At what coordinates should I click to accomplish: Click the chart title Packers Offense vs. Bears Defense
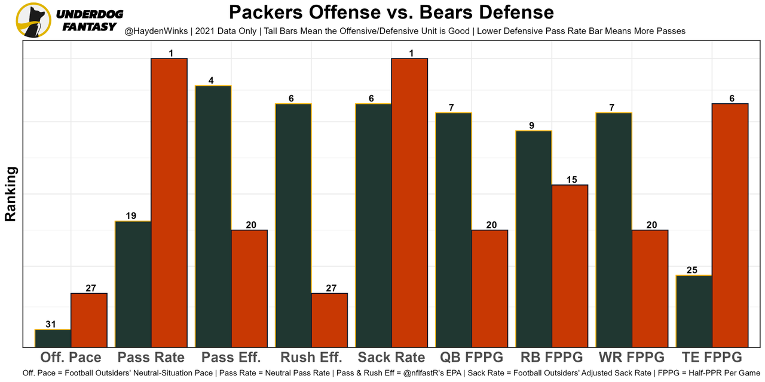point(391,12)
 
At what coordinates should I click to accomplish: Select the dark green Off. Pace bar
point(53,338)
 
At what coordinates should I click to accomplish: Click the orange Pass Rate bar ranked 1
point(169,203)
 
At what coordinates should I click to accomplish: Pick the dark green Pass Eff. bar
point(214,216)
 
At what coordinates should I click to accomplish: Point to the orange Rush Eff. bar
point(329,320)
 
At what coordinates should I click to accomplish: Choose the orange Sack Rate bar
point(409,203)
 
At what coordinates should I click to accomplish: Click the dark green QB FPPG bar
point(454,230)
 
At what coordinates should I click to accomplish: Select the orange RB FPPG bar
point(570,266)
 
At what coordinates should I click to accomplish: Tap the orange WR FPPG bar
point(650,288)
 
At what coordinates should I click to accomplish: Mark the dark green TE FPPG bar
point(694,311)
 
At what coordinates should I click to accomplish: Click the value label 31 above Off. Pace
point(51,325)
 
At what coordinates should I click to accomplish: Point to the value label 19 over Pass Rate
point(133,216)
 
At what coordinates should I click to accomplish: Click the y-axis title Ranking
point(10,194)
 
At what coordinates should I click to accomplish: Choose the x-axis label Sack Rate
point(391,358)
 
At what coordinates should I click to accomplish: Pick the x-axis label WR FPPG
point(631,358)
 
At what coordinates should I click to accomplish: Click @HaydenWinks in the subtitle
point(153,30)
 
